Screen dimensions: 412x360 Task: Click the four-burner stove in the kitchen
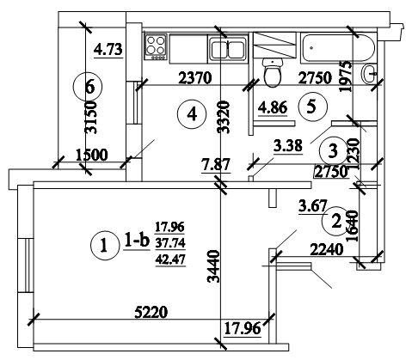(x=156, y=47)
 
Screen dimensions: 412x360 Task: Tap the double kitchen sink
(x=228, y=48)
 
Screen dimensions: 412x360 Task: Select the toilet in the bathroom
(x=273, y=72)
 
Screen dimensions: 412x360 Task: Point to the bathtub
(x=337, y=48)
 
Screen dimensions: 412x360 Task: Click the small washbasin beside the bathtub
(x=369, y=74)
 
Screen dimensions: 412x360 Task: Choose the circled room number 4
(x=192, y=115)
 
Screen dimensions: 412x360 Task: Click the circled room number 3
(x=333, y=151)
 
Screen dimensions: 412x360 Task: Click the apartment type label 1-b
(x=137, y=241)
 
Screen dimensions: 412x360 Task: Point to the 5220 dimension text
(x=151, y=312)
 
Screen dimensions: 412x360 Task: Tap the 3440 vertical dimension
(x=213, y=266)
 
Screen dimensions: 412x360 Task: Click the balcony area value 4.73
(x=108, y=49)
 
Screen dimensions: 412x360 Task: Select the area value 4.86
(x=273, y=107)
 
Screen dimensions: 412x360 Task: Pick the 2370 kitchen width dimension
(x=195, y=78)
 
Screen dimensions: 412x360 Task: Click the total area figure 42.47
(x=170, y=259)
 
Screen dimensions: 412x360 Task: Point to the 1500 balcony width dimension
(x=92, y=155)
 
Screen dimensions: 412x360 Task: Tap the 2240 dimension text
(x=327, y=249)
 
